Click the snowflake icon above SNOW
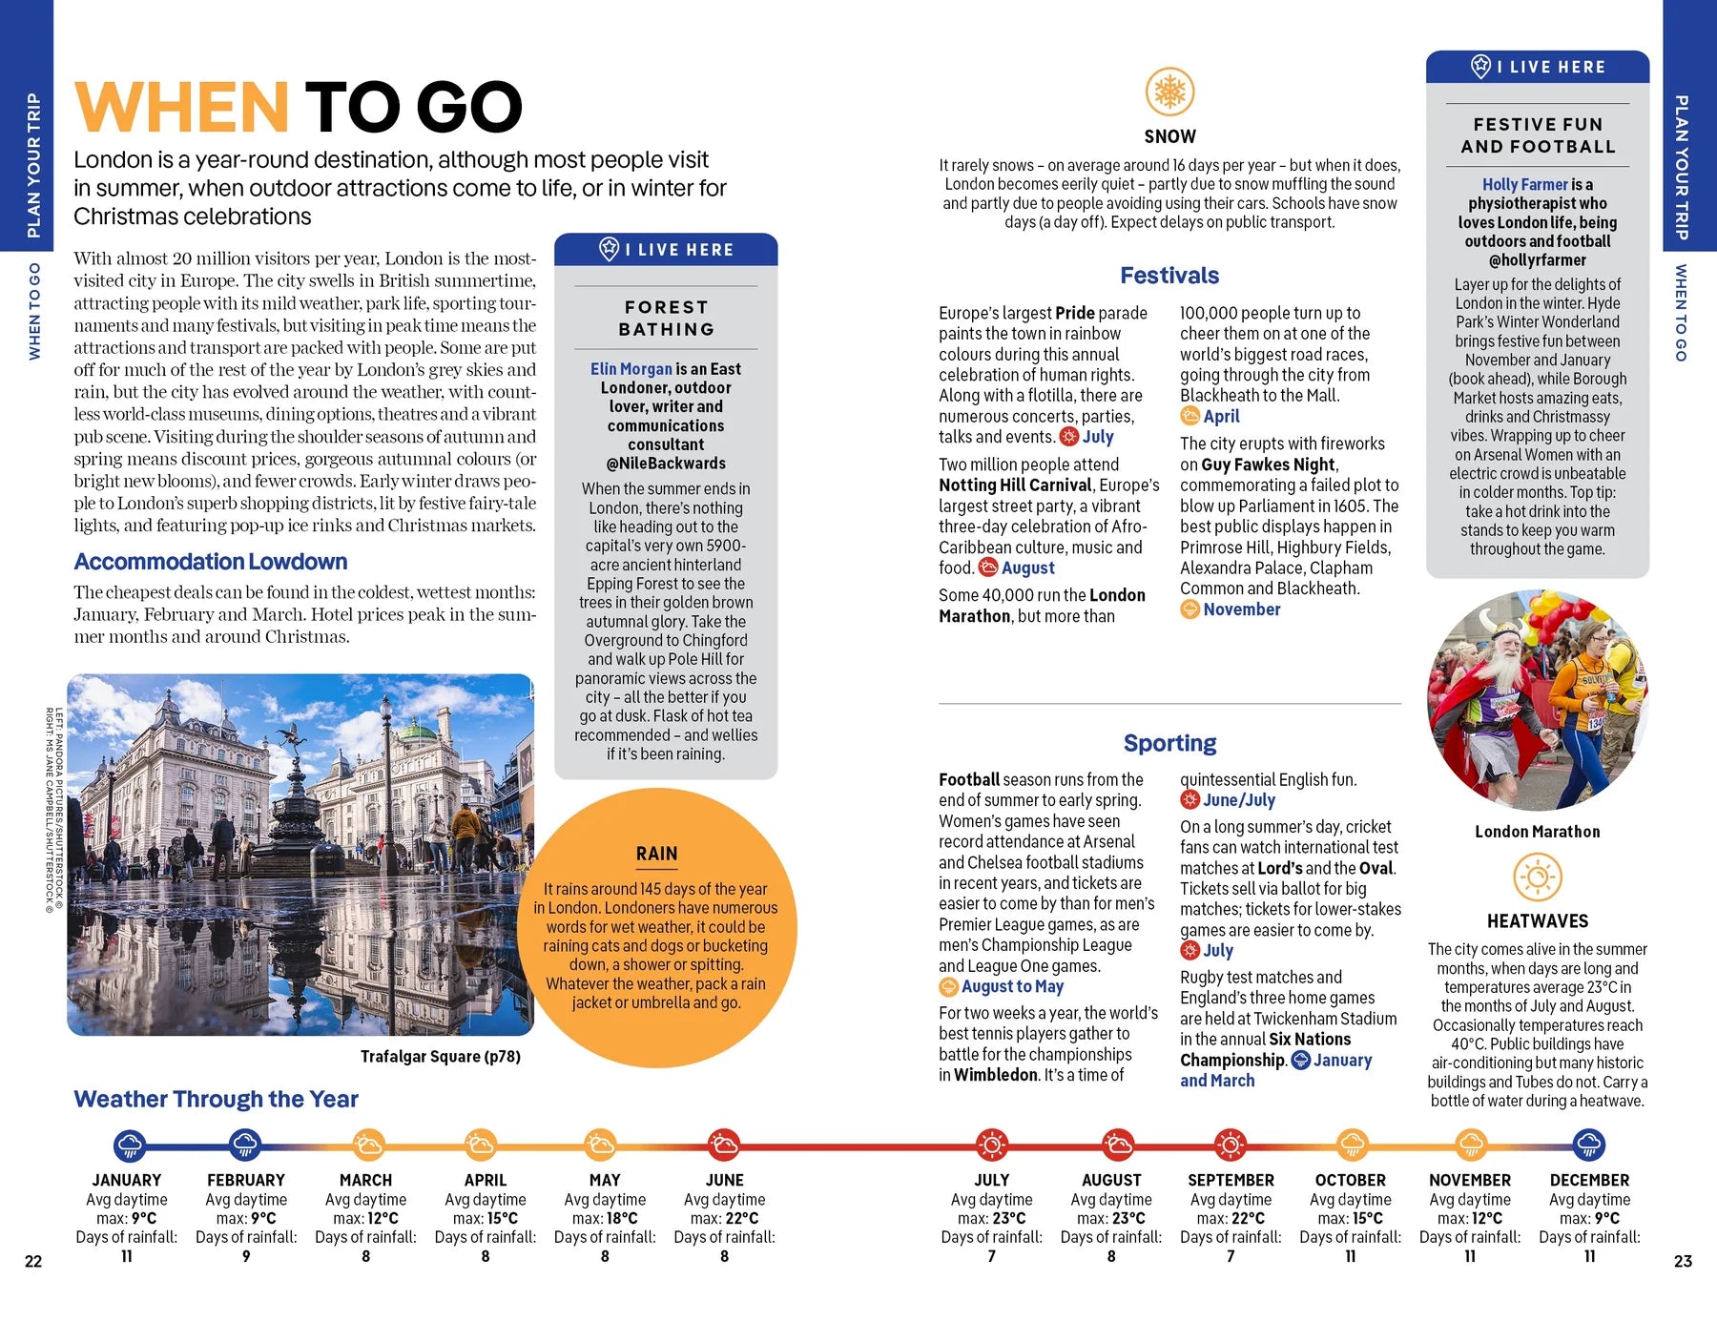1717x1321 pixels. coord(1169,93)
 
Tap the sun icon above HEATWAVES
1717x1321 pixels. coord(1537,877)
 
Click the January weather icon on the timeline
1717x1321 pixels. coord(129,1145)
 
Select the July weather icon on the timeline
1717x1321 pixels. coord(991,1145)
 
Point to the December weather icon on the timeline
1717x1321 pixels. coord(1588,1145)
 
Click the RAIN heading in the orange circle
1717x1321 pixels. coord(656,854)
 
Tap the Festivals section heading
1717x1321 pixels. coord(1169,276)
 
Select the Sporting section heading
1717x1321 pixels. coord(1169,743)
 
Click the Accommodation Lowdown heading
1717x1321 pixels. coord(211,562)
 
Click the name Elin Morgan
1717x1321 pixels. coord(631,369)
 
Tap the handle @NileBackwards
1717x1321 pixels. coord(666,464)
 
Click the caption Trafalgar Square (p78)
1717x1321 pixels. coord(440,1057)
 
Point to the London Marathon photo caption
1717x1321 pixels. coord(1537,832)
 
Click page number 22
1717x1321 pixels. coord(33,1261)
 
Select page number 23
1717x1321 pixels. coord(1683,1261)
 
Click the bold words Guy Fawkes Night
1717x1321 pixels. coord(1268,464)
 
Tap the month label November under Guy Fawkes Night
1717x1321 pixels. coord(1241,609)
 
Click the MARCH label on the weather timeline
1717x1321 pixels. coord(365,1180)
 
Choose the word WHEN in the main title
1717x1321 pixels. coord(181,107)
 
